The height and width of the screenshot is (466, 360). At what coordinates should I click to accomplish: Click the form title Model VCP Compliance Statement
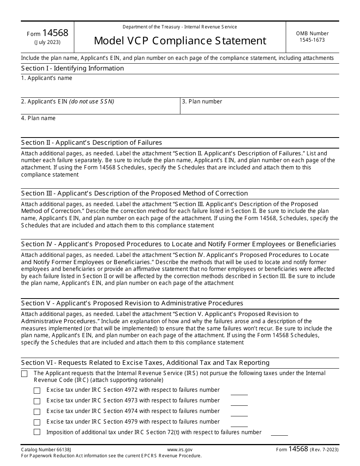pyautogui.click(x=180, y=41)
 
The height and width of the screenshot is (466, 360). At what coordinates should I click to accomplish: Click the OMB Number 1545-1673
pyautogui.click(x=312, y=36)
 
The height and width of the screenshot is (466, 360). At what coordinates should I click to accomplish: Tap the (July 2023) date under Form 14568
pyautogui.click(x=47, y=42)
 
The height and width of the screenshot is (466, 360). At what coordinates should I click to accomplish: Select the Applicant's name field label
pyautogui.click(x=47, y=78)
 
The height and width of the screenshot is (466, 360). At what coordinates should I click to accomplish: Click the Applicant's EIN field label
pyautogui.click(x=67, y=102)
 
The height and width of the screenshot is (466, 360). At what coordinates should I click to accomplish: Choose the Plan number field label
pyautogui.click(x=202, y=102)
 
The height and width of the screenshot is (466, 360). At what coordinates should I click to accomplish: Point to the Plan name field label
pyautogui.click(x=38, y=118)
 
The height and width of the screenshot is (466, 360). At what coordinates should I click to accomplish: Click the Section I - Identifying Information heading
pyautogui.click(x=72, y=68)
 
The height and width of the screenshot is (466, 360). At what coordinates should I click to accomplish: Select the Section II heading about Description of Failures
pyautogui.click(x=91, y=142)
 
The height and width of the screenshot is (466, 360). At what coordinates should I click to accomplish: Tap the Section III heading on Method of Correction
pyautogui.click(x=135, y=193)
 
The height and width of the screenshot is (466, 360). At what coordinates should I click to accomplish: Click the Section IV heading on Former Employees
pyautogui.click(x=178, y=244)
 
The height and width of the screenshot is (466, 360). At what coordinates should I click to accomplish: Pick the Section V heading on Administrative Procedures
pyautogui.click(x=132, y=303)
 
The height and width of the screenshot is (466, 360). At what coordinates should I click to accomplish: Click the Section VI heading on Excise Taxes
pyautogui.click(x=145, y=363)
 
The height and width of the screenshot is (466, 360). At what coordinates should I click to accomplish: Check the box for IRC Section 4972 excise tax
pyautogui.click(x=37, y=391)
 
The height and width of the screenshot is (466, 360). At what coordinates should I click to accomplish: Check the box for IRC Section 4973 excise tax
pyautogui.click(x=37, y=401)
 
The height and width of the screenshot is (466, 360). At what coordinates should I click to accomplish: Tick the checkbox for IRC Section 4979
pyautogui.click(x=37, y=422)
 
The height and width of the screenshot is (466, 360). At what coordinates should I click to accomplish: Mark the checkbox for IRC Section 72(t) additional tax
pyautogui.click(x=37, y=432)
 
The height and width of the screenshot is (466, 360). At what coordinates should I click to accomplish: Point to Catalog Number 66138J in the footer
pyautogui.click(x=46, y=449)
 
